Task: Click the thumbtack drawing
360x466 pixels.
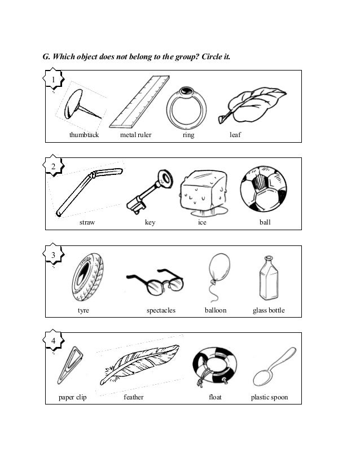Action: click(x=79, y=107)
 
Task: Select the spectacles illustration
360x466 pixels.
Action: click(x=155, y=281)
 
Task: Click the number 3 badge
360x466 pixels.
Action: click(x=54, y=256)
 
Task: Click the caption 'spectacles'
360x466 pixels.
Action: click(x=161, y=310)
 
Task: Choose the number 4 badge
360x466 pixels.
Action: click(x=54, y=341)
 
